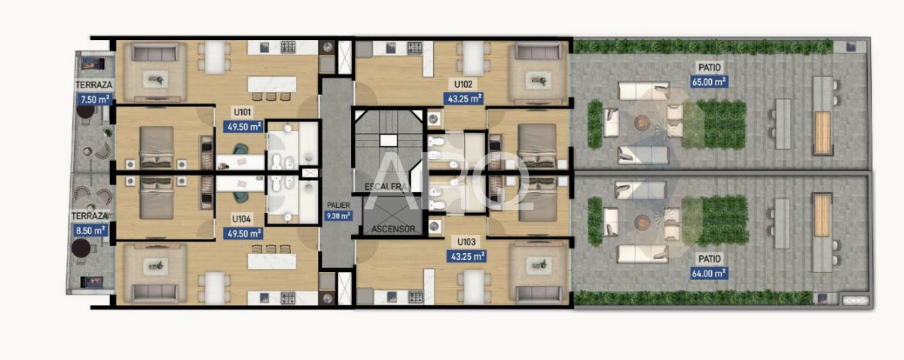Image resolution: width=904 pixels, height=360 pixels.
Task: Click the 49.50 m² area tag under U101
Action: (x=243, y=126)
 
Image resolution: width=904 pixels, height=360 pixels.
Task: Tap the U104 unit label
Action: (x=243, y=221)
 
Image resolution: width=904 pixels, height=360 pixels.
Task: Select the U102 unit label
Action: (x=463, y=85)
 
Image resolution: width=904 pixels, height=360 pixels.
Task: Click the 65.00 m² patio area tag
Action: (x=710, y=81)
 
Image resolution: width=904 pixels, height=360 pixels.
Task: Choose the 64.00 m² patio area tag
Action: (x=708, y=273)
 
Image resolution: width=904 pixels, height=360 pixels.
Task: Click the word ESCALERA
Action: (x=384, y=187)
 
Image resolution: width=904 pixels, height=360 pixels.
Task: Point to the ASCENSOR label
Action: (x=392, y=229)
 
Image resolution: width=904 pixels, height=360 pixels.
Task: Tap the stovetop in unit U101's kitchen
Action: (x=288, y=47)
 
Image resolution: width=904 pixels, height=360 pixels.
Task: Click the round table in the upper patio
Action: (x=642, y=122)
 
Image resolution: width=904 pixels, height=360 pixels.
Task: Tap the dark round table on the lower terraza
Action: (x=81, y=249)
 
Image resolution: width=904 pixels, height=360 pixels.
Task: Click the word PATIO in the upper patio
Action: (x=710, y=69)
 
